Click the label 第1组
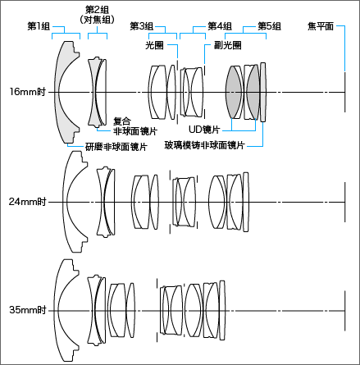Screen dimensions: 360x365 [x=39, y=26]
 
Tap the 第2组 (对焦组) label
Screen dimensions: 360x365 [x=97, y=15]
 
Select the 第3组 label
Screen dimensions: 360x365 [x=141, y=26]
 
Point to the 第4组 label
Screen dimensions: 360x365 [x=220, y=26]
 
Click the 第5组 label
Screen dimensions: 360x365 [x=270, y=26]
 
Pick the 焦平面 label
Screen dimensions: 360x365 [x=321, y=26]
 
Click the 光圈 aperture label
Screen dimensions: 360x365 [x=154, y=45]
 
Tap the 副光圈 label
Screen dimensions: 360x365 [x=227, y=45]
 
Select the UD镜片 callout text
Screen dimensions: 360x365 [x=204, y=130]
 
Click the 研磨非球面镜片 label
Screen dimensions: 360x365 [x=116, y=147]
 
